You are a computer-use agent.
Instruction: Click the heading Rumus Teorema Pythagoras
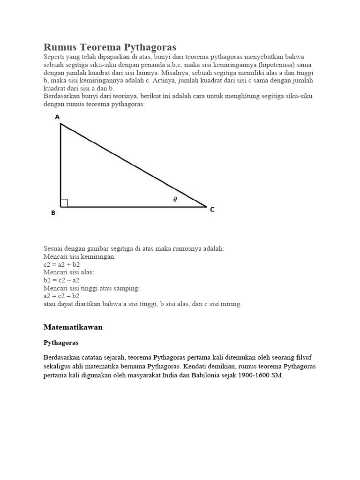click(110, 47)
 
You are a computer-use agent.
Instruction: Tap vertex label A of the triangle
click(57, 117)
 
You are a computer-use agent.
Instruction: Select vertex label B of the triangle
click(53, 213)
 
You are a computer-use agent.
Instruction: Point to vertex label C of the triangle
click(212, 210)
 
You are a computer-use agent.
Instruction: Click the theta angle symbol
click(175, 199)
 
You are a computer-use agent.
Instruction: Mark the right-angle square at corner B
click(64, 202)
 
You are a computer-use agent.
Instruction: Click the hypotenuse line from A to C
click(134, 165)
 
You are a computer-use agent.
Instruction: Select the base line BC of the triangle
click(134, 206)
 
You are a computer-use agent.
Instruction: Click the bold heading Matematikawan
click(73, 327)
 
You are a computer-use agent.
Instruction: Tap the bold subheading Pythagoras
click(60, 343)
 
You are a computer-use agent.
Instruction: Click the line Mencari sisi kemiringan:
click(79, 257)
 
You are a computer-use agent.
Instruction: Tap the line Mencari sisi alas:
click(69, 272)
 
